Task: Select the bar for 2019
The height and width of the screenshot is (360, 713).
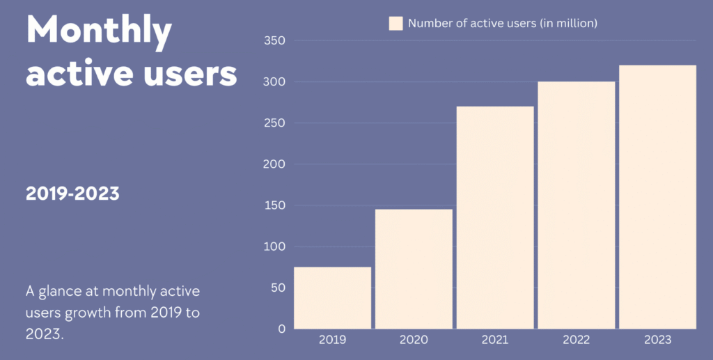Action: [x=332, y=297]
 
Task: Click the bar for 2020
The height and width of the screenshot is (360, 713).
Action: [x=414, y=269]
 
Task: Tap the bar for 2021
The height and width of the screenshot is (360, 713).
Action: [x=494, y=217]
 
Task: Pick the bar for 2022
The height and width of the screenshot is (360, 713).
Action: [x=576, y=205]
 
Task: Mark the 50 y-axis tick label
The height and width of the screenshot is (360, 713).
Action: [x=278, y=288]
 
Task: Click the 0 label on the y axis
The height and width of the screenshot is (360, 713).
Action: [x=281, y=329]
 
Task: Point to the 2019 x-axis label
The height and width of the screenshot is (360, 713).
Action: [x=332, y=340]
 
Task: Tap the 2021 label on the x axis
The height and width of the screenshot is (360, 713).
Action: [x=494, y=340]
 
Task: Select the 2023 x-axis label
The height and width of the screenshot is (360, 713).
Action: [x=657, y=340]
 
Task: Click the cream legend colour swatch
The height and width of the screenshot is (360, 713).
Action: [x=396, y=24]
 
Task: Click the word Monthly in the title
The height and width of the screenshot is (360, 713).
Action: [x=99, y=31]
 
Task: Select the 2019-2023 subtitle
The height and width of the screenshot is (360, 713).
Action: [x=72, y=194]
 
